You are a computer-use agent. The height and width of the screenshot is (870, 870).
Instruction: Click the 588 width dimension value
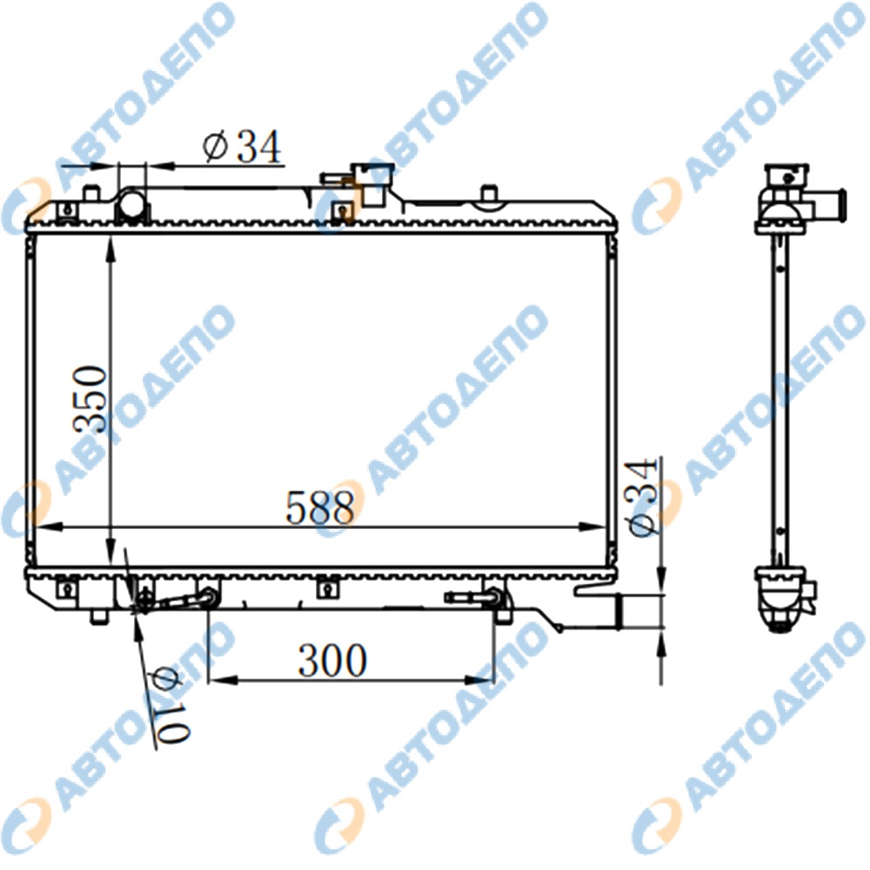coord(319,508)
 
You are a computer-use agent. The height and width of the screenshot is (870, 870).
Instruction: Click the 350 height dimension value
coord(90,399)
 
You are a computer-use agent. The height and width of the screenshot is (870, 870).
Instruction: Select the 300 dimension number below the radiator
coord(332,660)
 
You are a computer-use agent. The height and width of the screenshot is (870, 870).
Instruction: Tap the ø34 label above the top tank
coord(242,147)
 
